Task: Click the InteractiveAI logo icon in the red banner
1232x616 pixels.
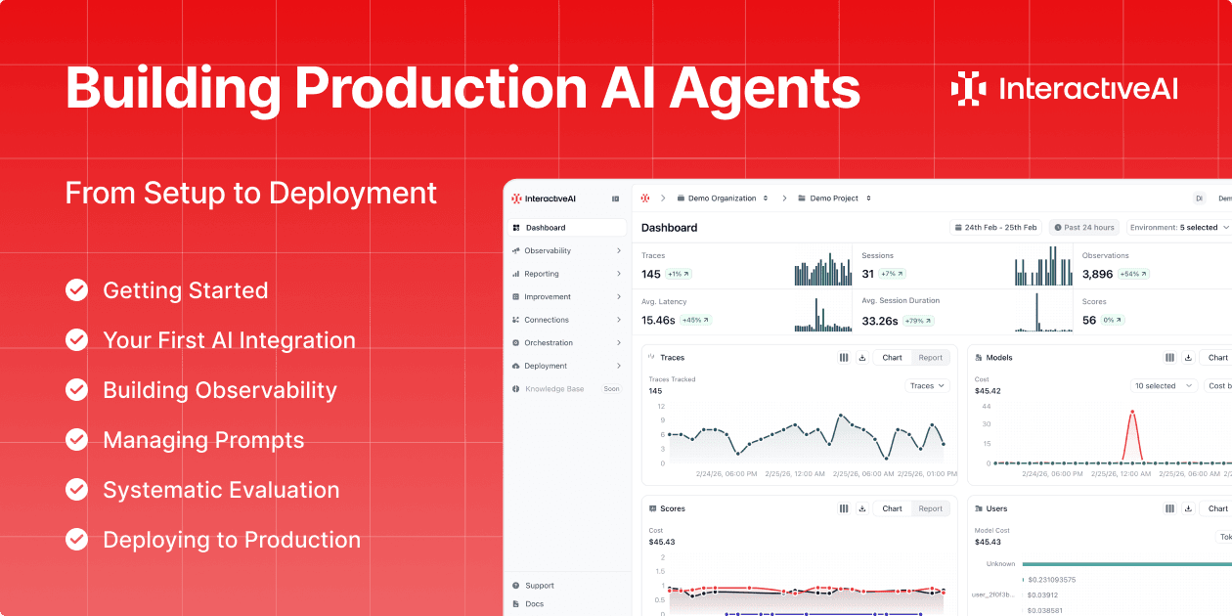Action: (968, 88)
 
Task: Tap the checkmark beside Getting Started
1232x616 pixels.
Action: (76, 290)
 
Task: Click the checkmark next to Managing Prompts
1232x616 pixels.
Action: (76, 440)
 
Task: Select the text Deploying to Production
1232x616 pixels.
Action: (232, 540)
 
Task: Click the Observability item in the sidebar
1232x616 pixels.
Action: (547, 251)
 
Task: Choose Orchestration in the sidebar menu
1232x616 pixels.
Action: (548, 343)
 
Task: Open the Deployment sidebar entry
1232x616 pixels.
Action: (545, 366)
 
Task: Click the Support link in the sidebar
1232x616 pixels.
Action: (539, 586)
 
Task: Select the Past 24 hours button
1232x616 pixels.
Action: (1084, 228)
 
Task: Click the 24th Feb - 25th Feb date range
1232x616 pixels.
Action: (994, 228)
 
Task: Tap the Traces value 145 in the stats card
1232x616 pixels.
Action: (651, 275)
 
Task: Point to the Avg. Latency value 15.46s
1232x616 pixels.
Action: (658, 321)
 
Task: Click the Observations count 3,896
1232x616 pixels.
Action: (1097, 275)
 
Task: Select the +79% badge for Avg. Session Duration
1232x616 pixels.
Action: (919, 321)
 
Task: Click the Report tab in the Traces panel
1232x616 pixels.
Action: (930, 358)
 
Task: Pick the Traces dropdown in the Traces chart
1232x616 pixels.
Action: (927, 386)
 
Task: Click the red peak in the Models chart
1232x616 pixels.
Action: (1132, 414)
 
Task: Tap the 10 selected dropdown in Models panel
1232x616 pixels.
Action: (1164, 386)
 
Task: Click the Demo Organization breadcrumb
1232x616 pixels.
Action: (723, 198)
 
